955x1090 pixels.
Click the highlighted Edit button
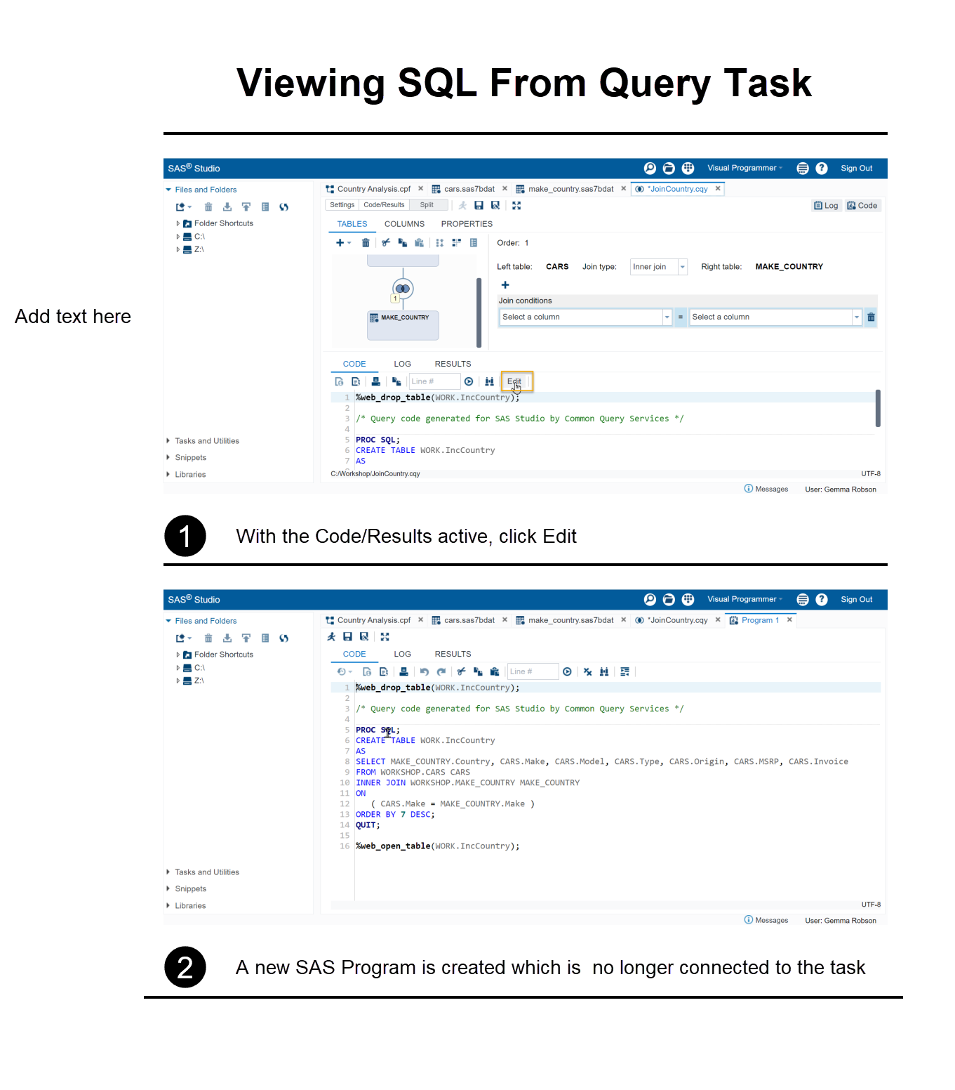(515, 381)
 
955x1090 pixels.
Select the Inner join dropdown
(657, 267)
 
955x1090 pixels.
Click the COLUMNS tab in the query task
(404, 224)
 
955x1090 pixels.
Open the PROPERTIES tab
(467, 224)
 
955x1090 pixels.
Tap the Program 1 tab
(760, 620)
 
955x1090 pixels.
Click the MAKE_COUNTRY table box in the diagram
(403, 325)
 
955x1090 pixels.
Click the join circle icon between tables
(403, 289)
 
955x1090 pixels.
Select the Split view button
(427, 205)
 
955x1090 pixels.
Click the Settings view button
(342, 205)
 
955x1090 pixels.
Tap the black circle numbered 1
(185, 536)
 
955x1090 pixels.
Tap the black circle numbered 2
(185, 967)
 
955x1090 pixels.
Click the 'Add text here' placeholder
(73, 317)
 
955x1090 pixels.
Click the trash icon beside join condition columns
(871, 317)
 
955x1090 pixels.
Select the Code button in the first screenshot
(862, 206)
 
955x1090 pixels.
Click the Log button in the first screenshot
(826, 206)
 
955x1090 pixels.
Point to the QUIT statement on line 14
(366, 825)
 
